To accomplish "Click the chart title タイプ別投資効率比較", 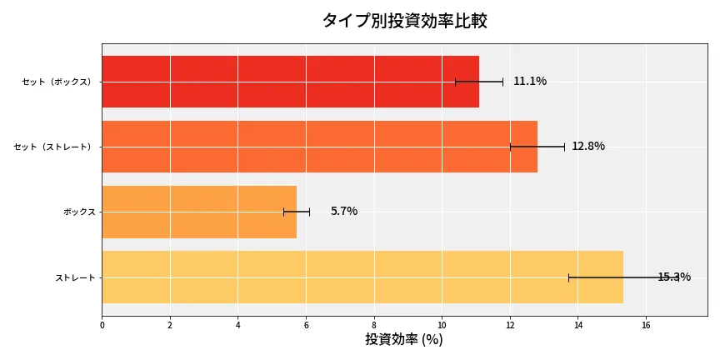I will (404, 21).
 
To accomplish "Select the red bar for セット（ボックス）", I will (290, 82).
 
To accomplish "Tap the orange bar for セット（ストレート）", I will (319, 147).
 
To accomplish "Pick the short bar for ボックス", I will (199, 212).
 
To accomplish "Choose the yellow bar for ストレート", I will (362, 277).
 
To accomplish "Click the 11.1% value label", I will (530, 82).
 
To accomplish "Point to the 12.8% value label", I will (588, 147).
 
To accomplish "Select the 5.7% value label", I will (344, 212).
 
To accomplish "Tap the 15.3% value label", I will (673, 277).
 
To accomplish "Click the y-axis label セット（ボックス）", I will (57, 82).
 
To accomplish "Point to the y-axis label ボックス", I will (79, 212).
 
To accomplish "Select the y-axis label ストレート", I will (75, 277).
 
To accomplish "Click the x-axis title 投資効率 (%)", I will (404, 340).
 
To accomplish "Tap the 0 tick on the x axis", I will (102, 326).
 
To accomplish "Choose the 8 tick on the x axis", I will (374, 326).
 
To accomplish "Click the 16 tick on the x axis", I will (646, 326).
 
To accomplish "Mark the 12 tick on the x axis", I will (510, 326).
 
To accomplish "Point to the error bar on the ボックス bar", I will (297, 212).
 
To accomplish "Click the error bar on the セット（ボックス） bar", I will (479, 82).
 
